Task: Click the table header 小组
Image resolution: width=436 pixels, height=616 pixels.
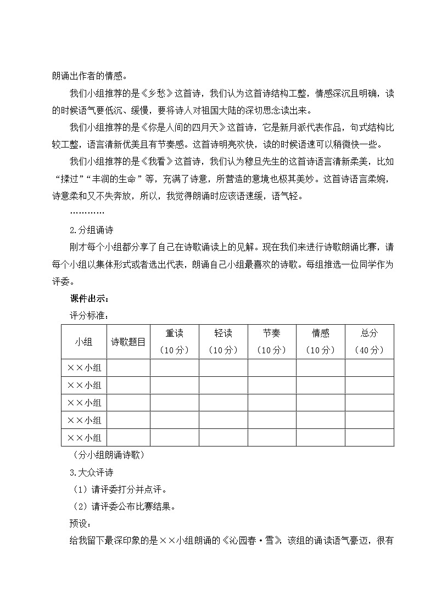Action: pos(84,342)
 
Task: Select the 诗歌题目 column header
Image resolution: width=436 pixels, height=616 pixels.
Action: pos(128,342)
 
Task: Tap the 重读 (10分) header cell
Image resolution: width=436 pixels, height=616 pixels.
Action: pos(174,342)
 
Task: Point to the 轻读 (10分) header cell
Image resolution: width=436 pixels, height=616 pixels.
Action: pos(223,342)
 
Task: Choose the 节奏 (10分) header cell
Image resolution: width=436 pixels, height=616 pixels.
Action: pos(272,342)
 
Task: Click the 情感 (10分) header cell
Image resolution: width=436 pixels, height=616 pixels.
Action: pos(321,342)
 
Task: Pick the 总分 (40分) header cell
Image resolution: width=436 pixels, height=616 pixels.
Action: pos(370,342)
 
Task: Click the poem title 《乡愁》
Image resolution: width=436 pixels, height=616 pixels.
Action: pos(157,93)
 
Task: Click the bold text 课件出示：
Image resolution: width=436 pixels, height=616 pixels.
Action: pos(90,298)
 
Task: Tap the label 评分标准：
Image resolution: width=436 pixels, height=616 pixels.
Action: pos(89,315)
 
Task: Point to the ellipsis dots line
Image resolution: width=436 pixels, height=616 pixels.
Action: pos(87,212)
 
